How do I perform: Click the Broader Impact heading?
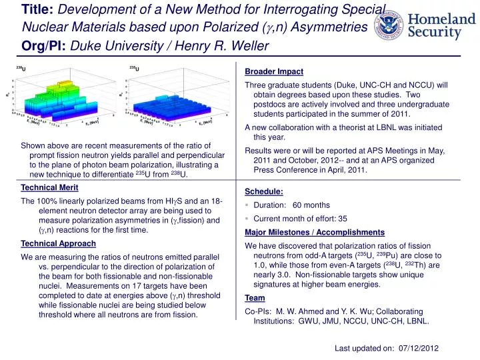tap(274, 71)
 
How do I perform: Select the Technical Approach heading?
tap(59, 243)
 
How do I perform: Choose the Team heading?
tap(255, 298)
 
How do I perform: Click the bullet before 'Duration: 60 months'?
tap(247, 205)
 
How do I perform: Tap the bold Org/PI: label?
tap(44, 45)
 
